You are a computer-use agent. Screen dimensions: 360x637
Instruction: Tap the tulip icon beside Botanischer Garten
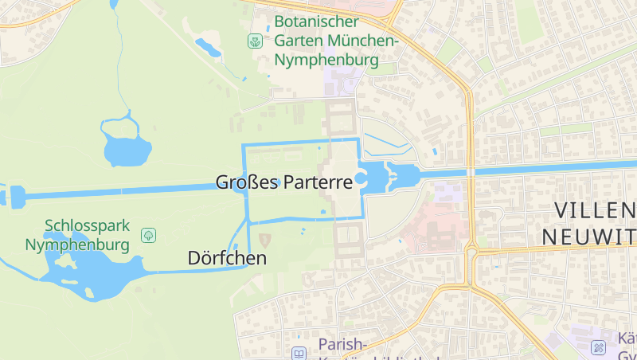[255, 40]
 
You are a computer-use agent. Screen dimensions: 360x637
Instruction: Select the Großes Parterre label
[283, 182]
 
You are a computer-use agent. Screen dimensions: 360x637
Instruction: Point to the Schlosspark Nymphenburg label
[77, 236]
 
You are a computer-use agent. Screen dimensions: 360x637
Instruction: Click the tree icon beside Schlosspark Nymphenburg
[147, 235]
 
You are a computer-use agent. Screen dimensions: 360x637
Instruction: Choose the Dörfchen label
[227, 258]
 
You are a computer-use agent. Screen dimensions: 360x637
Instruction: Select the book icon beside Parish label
[299, 353]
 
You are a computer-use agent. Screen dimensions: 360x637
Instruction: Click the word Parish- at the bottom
[342, 345]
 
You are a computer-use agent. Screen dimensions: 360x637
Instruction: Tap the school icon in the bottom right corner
[599, 347]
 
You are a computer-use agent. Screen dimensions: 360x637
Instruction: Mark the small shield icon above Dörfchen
[265, 238]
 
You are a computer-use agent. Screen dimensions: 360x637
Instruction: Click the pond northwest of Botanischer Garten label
[209, 47]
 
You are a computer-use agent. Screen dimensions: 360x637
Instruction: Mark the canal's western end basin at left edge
[15, 196]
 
